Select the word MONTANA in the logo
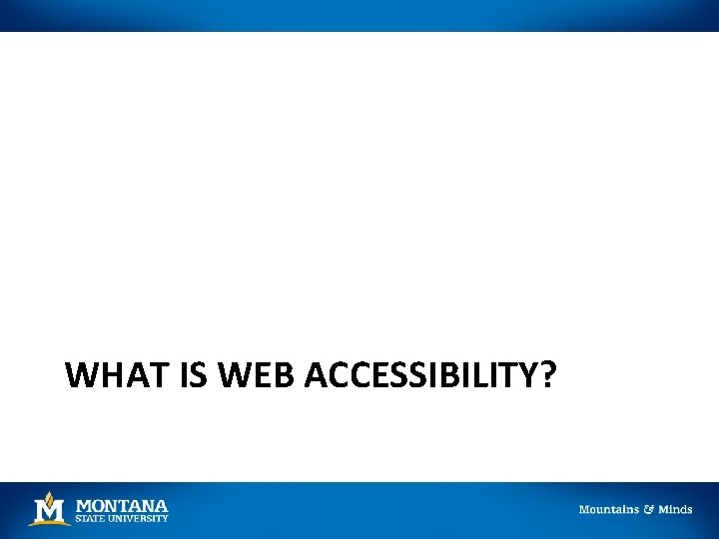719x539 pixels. [x=122, y=506]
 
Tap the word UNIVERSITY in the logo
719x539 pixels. [x=139, y=519]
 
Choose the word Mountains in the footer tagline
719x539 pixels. [x=609, y=509]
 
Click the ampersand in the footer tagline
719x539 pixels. [x=649, y=509]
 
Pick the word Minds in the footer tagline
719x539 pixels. [x=675, y=509]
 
